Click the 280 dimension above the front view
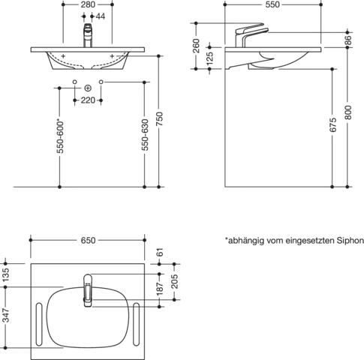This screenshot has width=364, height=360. [x=88, y=4]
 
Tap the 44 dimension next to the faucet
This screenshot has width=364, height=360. [x=101, y=16]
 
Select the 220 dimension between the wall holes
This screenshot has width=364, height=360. [x=88, y=100]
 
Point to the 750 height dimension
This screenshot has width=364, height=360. [x=160, y=118]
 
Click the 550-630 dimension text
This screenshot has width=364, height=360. [x=145, y=135]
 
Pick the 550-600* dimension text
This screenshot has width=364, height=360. [x=60, y=137]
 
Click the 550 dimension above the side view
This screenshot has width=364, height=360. [x=272, y=4]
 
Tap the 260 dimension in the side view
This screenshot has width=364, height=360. [x=197, y=46]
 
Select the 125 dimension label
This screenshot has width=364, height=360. [x=210, y=58]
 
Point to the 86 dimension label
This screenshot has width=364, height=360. [x=348, y=40]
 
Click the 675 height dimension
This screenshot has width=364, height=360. [x=333, y=125]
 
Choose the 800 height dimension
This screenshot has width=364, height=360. [x=348, y=112]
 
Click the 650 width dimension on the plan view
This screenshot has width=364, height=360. [x=88, y=240]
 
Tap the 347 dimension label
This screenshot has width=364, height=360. [x=5, y=315]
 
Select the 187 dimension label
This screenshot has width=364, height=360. [x=160, y=289]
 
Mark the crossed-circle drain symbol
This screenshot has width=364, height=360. [x=88, y=88]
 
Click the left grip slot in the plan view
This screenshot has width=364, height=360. [x=39, y=324]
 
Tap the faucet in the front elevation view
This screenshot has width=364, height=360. [x=88, y=35]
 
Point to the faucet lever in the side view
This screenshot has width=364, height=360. [x=250, y=28]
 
